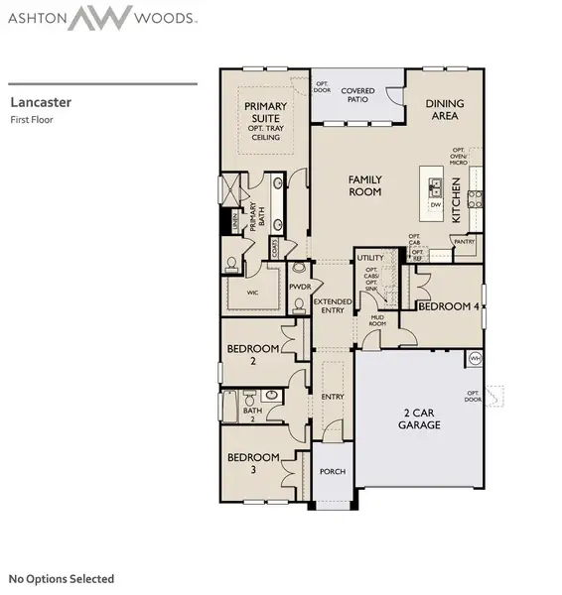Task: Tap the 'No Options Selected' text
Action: click(x=62, y=578)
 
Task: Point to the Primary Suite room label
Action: click(x=265, y=121)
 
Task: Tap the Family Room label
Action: click(x=364, y=185)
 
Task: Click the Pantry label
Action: click(x=462, y=241)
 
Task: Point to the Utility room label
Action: click(x=370, y=258)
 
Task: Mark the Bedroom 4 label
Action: click(x=449, y=306)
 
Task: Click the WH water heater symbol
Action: click(x=475, y=358)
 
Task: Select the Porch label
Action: click(x=333, y=471)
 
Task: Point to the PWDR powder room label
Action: click(x=300, y=287)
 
